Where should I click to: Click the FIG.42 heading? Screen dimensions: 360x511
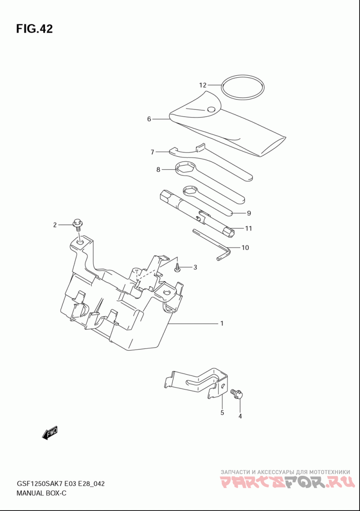tap(34, 29)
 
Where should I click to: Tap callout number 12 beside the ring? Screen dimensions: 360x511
tap(202, 85)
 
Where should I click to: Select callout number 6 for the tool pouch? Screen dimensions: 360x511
tap(149, 119)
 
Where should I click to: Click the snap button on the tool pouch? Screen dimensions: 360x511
tap(211, 109)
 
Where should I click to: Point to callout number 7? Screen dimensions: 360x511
tap(152, 152)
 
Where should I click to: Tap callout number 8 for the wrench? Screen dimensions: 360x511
tap(158, 169)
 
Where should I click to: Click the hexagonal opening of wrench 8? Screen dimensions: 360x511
tap(186, 169)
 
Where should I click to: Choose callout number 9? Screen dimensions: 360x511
tap(249, 213)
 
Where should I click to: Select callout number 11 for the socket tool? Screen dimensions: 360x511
tap(248, 228)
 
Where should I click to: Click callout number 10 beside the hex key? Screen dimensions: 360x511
tap(245, 247)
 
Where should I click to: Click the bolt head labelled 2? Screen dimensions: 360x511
tap(78, 223)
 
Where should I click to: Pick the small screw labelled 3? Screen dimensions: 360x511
tap(177, 268)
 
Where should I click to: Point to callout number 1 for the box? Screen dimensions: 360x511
tap(222, 323)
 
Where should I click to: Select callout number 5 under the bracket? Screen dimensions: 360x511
tap(222, 412)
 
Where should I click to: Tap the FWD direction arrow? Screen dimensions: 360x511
tap(50, 434)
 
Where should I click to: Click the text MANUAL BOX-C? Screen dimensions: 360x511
tap(41, 493)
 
